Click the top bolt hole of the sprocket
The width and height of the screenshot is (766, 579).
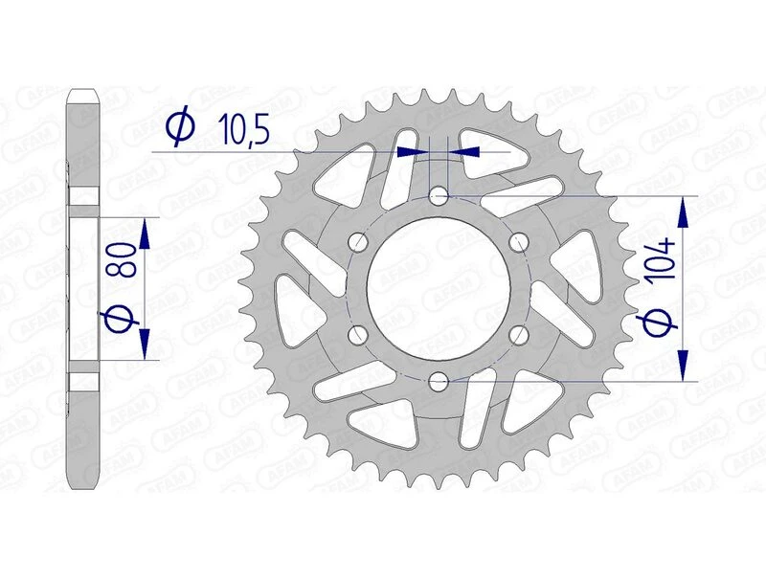(x=439, y=196)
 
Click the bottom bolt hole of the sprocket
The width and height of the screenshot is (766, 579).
(x=439, y=382)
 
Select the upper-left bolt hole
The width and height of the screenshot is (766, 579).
(x=359, y=242)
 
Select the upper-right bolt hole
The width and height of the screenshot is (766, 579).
(x=520, y=242)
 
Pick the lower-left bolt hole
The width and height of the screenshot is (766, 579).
(x=359, y=335)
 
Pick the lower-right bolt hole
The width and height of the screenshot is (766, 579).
(x=520, y=335)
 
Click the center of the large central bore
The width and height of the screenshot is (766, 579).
(x=439, y=288)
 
